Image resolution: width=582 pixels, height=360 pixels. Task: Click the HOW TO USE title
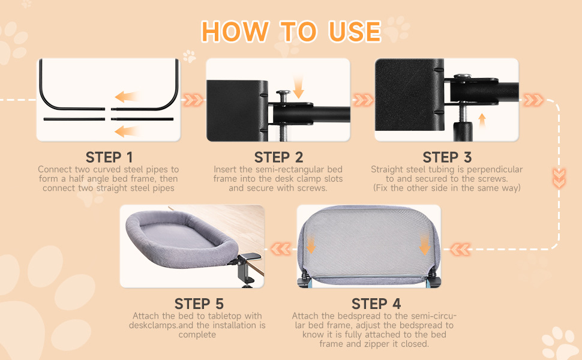click(x=291, y=31)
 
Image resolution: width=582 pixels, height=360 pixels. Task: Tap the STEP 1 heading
click(x=109, y=157)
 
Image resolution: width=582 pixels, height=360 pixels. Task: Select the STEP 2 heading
click(x=278, y=157)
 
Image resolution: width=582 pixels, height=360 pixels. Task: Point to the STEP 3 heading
click(x=447, y=157)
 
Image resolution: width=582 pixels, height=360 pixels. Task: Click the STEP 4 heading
click(x=376, y=304)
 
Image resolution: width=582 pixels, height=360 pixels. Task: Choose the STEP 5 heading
click(x=199, y=304)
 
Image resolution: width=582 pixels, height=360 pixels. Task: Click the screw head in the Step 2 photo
click(x=283, y=93)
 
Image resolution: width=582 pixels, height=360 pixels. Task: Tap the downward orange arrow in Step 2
click(x=298, y=87)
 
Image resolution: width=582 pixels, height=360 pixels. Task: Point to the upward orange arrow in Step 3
click(x=482, y=121)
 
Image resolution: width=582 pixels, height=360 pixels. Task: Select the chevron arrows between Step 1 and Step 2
click(x=193, y=100)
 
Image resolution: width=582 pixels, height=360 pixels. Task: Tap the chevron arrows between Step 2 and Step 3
click(x=362, y=100)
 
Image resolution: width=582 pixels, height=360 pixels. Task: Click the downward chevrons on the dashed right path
click(x=559, y=178)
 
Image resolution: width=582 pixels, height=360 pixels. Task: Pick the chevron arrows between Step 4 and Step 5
click(x=281, y=248)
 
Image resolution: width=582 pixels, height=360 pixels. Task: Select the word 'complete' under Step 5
click(x=197, y=335)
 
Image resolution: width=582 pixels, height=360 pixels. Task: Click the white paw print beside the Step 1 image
click(x=189, y=56)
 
